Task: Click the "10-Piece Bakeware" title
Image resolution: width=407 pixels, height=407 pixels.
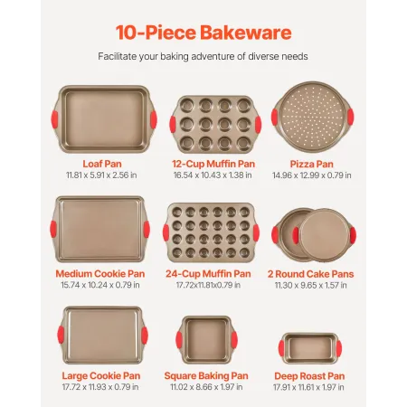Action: pos(203,32)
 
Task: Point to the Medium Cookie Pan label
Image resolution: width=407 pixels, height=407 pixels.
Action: pos(101,273)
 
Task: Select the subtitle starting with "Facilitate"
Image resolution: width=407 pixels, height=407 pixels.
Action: pos(203,56)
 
